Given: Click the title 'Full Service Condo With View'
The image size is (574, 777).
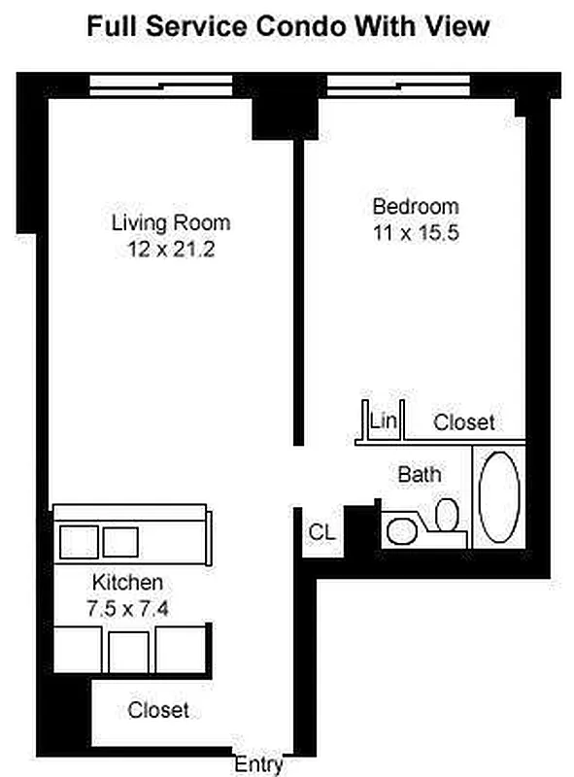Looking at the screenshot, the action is click(x=288, y=26).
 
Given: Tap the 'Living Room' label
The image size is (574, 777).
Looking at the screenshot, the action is click(x=171, y=222).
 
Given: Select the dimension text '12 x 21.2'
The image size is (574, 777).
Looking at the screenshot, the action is click(x=171, y=249).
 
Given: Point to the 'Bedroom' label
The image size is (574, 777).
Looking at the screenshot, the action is click(x=416, y=206).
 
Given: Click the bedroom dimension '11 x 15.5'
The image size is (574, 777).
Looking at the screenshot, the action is click(x=416, y=232).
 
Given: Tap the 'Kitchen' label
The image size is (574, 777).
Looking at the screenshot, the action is click(x=127, y=582).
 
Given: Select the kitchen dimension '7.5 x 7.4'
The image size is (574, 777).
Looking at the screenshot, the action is click(x=127, y=609).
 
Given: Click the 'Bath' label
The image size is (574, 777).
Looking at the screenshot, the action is click(x=420, y=474).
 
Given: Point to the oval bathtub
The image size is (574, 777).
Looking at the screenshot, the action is click(x=499, y=497).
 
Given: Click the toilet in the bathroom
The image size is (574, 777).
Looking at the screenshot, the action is click(x=447, y=516).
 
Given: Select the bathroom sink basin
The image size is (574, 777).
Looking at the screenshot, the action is click(x=401, y=531).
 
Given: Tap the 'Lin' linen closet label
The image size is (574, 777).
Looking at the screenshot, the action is click(x=384, y=422).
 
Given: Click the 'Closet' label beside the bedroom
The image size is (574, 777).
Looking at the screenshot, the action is click(x=464, y=422).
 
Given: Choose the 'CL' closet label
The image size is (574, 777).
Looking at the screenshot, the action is click(x=322, y=532).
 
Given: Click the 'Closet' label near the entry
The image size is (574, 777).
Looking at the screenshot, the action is click(x=158, y=710).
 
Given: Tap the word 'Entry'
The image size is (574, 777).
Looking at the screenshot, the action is click(x=258, y=764).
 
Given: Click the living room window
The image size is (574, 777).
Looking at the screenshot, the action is click(x=161, y=85).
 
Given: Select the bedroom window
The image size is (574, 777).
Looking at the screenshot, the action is click(x=398, y=85).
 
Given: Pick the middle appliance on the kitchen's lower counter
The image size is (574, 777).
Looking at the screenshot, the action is click(x=128, y=652).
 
